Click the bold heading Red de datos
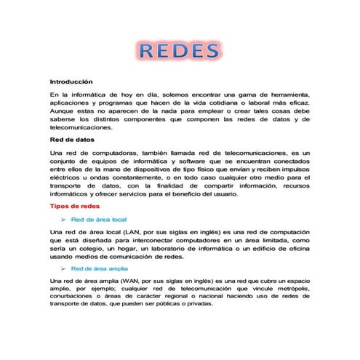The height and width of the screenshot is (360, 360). pyautogui.click(x=71, y=139)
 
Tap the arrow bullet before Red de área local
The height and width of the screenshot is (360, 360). pyautogui.click(x=64, y=219)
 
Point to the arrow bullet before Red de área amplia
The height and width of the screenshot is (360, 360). pyautogui.click(x=64, y=268)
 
